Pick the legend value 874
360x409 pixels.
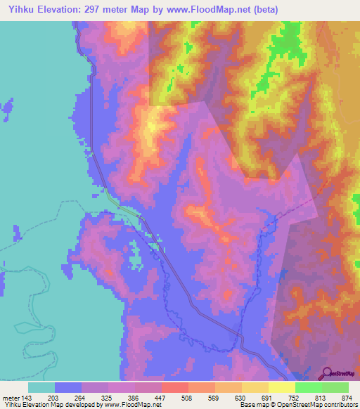tap(347, 398)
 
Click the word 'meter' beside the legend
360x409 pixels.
tap(11, 398)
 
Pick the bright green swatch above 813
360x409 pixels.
tap(308, 387)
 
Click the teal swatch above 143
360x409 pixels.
tap(41, 387)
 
